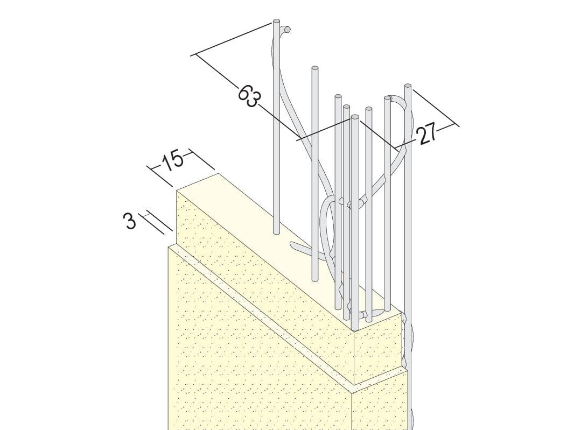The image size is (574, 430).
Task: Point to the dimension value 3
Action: pos(130,221)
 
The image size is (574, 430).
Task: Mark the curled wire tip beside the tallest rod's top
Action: pos(287,29)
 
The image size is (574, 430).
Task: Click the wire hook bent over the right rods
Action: pos(397,100)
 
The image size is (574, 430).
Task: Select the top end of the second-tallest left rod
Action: pos(314,68)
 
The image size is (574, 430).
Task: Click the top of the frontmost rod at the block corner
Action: pos(354,117)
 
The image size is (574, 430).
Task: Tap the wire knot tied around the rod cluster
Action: pos(353,202)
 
